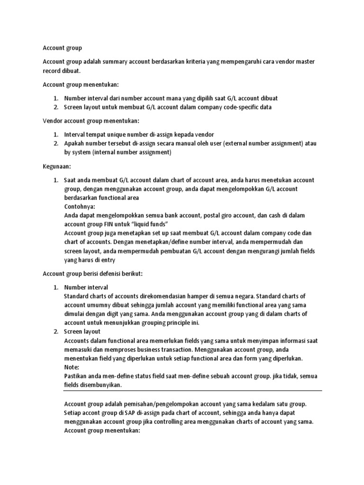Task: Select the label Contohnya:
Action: tap(79, 207)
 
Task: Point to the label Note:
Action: tap(72, 367)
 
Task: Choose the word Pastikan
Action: tap(76, 376)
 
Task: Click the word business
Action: tap(145, 349)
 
